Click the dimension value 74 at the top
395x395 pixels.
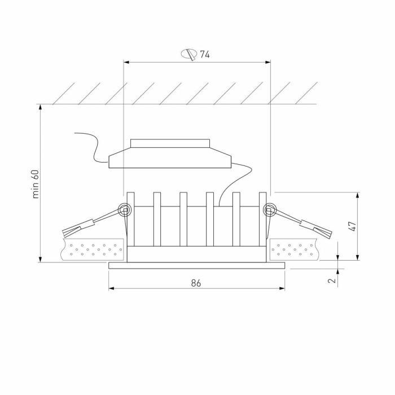click(205, 55)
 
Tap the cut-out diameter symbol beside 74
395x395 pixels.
click(189, 55)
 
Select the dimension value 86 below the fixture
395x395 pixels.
click(196, 283)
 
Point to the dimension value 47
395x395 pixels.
click(352, 226)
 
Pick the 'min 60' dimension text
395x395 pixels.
click(36, 183)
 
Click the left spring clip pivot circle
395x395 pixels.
click(124, 210)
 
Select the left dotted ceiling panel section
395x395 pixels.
click(94, 249)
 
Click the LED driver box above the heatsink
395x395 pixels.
click(169, 159)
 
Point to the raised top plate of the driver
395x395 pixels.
click(170, 143)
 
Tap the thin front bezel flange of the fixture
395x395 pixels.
click(197, 265)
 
